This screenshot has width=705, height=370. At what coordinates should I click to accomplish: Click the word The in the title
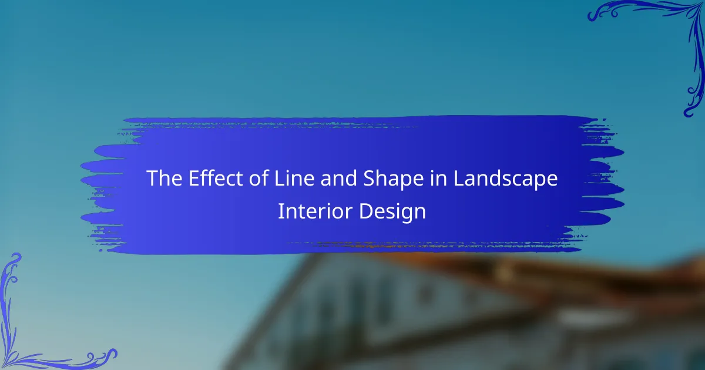[164, 179]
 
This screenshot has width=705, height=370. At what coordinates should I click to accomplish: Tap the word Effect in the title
[216, 178]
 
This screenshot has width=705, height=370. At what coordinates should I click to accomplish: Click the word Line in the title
[294, 179]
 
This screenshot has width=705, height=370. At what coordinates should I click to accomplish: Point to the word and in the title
[338, 178]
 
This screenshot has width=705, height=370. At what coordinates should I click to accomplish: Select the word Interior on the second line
[315, 211]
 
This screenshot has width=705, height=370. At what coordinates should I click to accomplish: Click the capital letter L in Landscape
[459, 179]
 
